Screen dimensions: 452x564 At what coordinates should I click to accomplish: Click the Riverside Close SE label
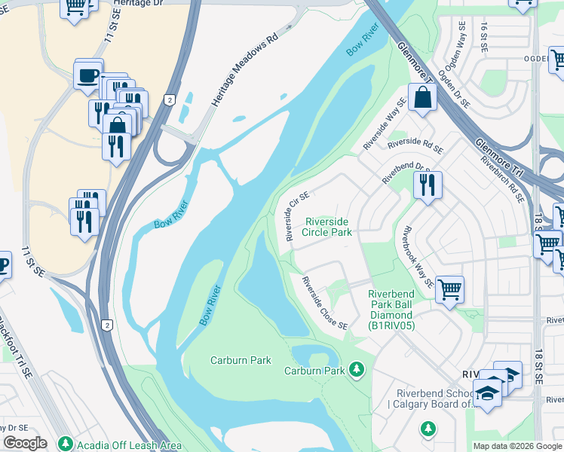click(325, 304)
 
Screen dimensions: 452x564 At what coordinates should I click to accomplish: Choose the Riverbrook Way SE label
click(418, 257)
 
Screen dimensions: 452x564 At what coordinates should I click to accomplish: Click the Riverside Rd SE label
click(415, 142)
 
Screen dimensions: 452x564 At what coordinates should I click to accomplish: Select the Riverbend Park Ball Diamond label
click(391, 310)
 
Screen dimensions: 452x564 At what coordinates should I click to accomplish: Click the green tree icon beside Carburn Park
click(357, 370)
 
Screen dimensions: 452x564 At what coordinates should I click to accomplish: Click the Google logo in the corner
click(26, 443)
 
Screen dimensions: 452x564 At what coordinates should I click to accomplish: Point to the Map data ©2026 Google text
click(517, 446)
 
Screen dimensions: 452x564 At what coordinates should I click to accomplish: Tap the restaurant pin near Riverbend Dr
click(428, 185)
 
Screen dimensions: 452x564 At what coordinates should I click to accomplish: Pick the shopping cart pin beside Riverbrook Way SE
click(449, 289)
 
